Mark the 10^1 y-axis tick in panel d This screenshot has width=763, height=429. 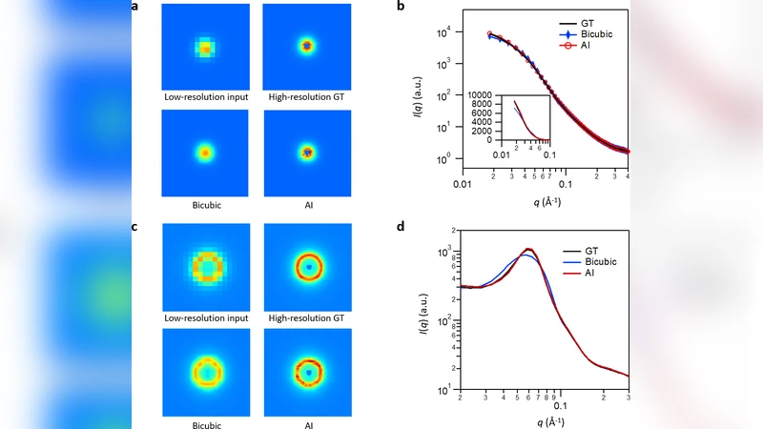click(444, 390)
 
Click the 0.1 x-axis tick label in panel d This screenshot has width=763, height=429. click(560, 404)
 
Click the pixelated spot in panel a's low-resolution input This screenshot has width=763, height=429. click(205, 47)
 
